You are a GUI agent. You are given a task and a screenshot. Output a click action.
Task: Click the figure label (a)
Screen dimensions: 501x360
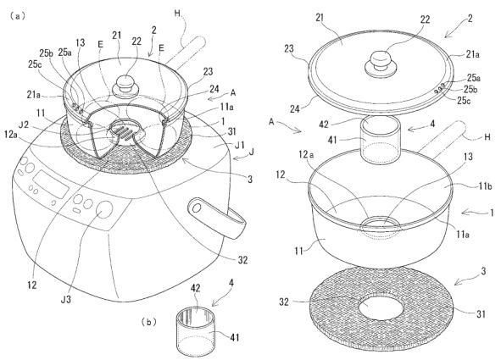(17, 17)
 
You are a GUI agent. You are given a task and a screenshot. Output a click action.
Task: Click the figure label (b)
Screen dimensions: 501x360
(149, 322)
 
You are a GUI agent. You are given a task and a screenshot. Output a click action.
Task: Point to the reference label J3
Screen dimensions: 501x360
(67, 299)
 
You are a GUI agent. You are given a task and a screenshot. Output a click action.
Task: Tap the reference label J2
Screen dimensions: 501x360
(24, 125)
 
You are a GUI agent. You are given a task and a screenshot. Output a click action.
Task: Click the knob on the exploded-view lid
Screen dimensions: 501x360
(381, 64)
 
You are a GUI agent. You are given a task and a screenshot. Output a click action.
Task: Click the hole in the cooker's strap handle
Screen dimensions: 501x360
(197, 208)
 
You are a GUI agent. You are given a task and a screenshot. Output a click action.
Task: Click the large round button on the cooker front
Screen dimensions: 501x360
(104, 210)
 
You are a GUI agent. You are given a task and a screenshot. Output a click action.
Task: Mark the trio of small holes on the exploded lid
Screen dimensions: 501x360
(439, 87)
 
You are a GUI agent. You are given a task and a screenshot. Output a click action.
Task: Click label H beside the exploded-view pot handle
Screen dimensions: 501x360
(487, 137)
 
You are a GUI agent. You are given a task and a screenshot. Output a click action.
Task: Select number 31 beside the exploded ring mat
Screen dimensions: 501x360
(482, 314)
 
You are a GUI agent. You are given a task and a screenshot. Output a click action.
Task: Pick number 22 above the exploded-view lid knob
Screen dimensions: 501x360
(425, 19)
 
